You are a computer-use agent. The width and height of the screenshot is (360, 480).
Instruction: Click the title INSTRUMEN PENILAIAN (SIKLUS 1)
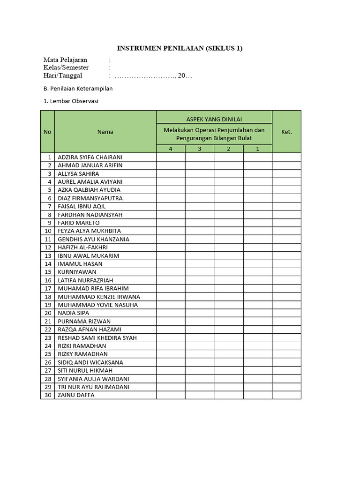[x=180, y=48]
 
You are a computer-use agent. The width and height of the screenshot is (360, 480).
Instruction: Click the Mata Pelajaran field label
[x=65, y=60]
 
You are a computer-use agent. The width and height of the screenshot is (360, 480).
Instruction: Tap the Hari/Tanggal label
[x=63, y=75]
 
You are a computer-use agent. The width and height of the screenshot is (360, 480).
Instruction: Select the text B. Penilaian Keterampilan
[x=78, y=88]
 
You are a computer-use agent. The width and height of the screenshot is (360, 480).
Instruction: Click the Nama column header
[x=105, y=132]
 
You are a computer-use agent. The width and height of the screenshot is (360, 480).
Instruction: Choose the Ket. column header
[x=286, y=132]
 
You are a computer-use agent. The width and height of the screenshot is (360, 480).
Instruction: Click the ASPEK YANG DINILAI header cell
[x=214, y=120]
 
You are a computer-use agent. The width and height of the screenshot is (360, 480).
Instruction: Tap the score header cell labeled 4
[x=171, y=149]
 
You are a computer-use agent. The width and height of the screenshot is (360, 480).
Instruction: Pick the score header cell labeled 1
[x=257, y=149]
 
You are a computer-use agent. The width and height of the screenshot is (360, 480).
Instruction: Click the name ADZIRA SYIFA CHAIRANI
[x=90, y=157]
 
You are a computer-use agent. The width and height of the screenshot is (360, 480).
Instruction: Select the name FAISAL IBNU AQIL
[x=82, y=206]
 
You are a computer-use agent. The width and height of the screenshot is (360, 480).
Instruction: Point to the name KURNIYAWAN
[x=77, y=272]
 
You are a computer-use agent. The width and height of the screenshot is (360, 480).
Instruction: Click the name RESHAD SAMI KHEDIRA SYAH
[x=97, y=337]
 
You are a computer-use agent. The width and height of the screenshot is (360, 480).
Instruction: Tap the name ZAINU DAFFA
[x=76, y=395]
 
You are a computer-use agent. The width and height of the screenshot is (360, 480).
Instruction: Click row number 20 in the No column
[x=48, y=313]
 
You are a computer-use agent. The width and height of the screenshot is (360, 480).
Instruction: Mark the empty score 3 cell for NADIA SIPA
[x=200, y=313]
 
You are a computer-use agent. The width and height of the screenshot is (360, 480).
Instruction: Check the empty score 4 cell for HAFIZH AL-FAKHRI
[x=171, y=247]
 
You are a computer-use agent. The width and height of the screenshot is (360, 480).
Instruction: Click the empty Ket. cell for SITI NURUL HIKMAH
[x=286, y=370]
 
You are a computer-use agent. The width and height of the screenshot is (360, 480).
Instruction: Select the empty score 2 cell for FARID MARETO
[x=229, y=223]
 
